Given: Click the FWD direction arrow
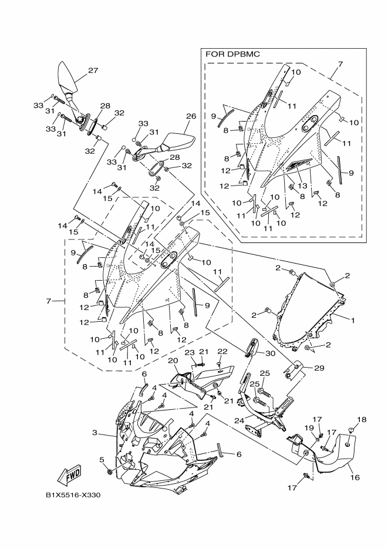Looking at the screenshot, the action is pyautogui.click(x=70, y=476).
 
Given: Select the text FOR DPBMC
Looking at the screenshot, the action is pyautogui.click(x=232, y=54).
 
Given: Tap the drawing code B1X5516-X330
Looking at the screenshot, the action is pyautogui.click(x=70, y=496).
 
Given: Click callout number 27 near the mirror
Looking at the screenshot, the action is pyautogui.click(x=93, y=70).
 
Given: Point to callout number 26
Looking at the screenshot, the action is pyautogui.click(x=191, y=116).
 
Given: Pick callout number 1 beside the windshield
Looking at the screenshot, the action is pyautogui.click(x=353, y=320).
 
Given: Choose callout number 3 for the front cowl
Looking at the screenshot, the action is pyautogui.click(x=95, y=433).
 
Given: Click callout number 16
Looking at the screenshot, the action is pyautogui.click(x=355, y=477).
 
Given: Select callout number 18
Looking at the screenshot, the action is pyautogui.click(x=362, y=419).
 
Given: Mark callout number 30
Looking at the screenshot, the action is pyautogui.click(x=270, y=353).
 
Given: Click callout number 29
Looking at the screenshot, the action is pyautogui.click(x=319, y=368).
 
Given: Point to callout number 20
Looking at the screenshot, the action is pyautogui.click(x=173, y=361).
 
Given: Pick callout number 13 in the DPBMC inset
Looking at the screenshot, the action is pyautogui.click(x=302, y=186).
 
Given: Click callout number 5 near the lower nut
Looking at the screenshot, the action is pyautogui.click(x=102, y=459).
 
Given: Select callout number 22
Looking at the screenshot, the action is pyautogui.click(x=222, y=352).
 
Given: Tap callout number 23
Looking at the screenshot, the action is pyautogui.click(x=189, y=352).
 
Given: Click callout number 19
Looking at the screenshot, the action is pyautogui.click(x=309, y=427).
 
